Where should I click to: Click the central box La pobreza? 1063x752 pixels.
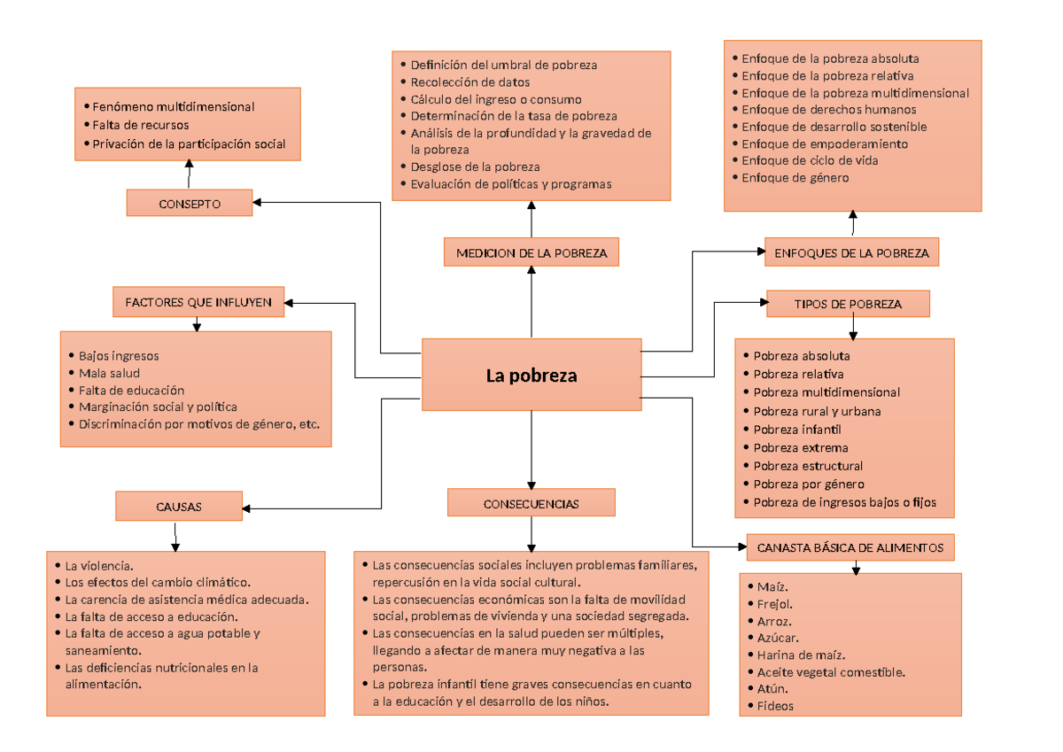(x=531, y=375)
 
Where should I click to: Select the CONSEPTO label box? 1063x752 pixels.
(x=190, y=203)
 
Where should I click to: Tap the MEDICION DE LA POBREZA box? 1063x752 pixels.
(x=531, y=252)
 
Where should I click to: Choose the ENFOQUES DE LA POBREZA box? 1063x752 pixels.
(x=851, y=252)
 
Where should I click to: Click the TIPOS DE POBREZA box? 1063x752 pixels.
(x=849, y=304)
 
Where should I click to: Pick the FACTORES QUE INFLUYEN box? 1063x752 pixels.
(x=198, y=302)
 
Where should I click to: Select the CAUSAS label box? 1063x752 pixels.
(x=179, y=507)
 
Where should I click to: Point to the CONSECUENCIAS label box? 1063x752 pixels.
(x=531, y=503)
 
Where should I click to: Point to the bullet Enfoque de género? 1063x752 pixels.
(x=795, y=178)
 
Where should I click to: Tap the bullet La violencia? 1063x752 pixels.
(x=98, y=565)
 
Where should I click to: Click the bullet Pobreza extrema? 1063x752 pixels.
(x=800, y=447)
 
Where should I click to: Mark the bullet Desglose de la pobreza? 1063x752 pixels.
(x=475, y=167)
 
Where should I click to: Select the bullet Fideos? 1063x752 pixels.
(x=775, y=706)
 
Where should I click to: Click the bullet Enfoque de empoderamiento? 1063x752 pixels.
(x=824, y=143)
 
